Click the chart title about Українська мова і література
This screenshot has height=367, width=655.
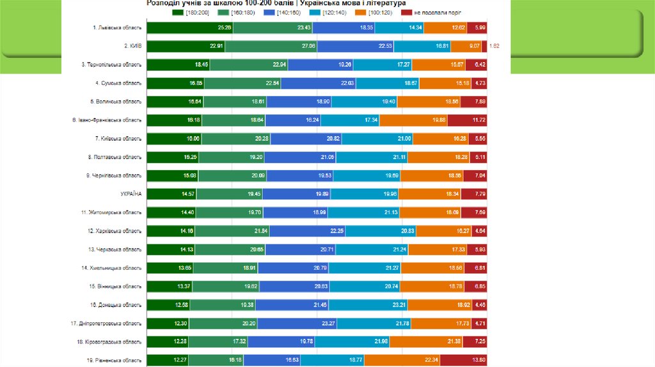pos(276,3)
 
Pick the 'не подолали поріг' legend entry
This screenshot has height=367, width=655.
pos(435,12)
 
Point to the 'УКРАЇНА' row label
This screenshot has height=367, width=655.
pos(131,193)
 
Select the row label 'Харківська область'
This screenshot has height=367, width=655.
pos(114,230)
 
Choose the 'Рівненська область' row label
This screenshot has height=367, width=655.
pos(114,360)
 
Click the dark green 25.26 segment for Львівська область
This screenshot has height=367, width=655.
pos(189,27)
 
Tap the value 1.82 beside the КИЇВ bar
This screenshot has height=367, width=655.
pos(494,46)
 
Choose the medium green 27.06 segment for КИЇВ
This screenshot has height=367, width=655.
pos(271,46)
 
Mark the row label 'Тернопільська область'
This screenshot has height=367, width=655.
pos(111,65)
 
